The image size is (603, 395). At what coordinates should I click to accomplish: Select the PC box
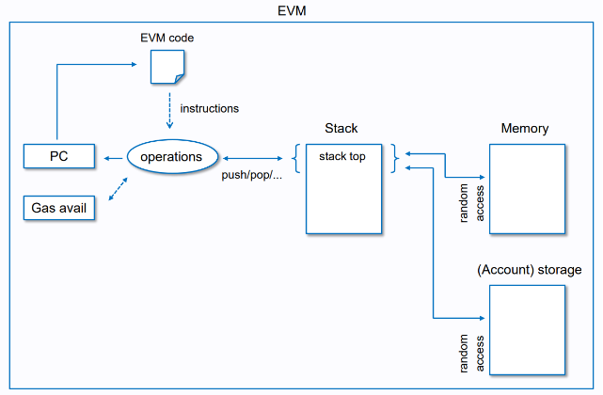tap(59, 155)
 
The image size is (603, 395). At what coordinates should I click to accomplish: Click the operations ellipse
tap(171, 156)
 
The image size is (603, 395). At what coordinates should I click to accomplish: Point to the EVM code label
tap(167, 38)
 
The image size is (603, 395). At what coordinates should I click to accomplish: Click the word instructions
tap(209, 108)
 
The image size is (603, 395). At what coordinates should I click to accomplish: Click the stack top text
tap(342, 157)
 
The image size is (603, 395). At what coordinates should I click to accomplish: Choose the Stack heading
tap(341, 128)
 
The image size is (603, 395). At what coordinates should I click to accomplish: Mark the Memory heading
tap(525, 128)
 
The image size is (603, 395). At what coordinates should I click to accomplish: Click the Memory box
tap(527, 188)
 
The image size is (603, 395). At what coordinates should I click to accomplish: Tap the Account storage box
tap(527, 329)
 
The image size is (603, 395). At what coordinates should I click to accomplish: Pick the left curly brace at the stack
tap(298, 157)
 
